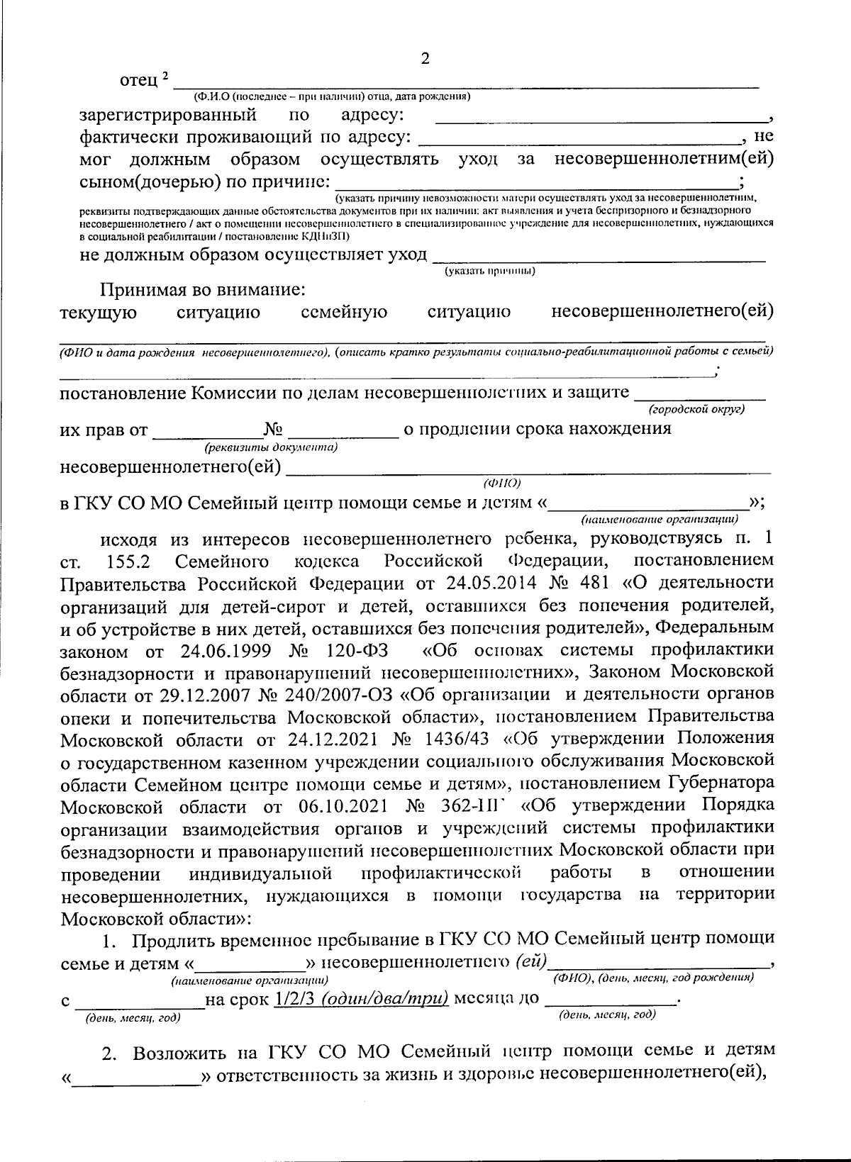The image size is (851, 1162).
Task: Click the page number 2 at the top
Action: tap(425, 59)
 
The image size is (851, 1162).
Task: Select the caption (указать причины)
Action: tap(489, 271)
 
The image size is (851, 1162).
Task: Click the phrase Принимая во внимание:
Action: tap(203, 289)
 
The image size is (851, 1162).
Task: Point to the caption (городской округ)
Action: tap(697, 409)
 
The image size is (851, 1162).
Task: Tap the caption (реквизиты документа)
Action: tap(270, 448)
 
